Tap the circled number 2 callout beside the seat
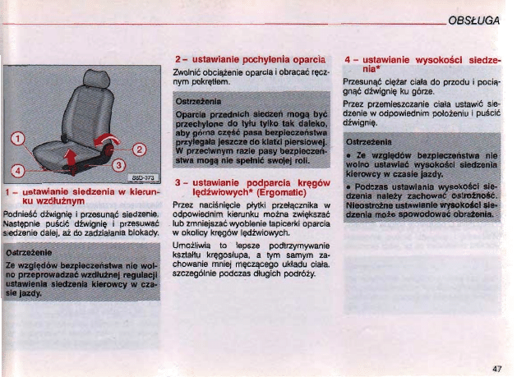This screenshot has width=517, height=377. point(139,149)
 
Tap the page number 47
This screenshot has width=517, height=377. point(496,369)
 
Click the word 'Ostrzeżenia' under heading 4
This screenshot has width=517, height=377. point(367,140)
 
